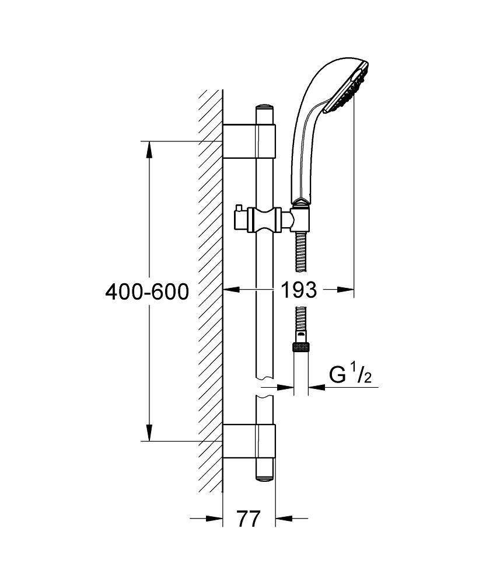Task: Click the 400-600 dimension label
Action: pyautogui.click(x=147, y=291)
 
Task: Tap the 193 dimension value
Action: pyautogui.click(x=299, y=290)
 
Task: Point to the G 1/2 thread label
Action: pyautogui.click(x=350, y=375)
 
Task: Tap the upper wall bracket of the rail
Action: pyautogui.click(x=249, y=141)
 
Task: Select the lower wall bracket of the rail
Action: pyautogui.click(x=249, y=441)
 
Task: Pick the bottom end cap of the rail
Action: pyautogui.click(x=264, y=478)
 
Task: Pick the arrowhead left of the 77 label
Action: pyautogui.click(x=214, y=518)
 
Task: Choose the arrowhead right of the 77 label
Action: pyautogui.click(x=284, y=518)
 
